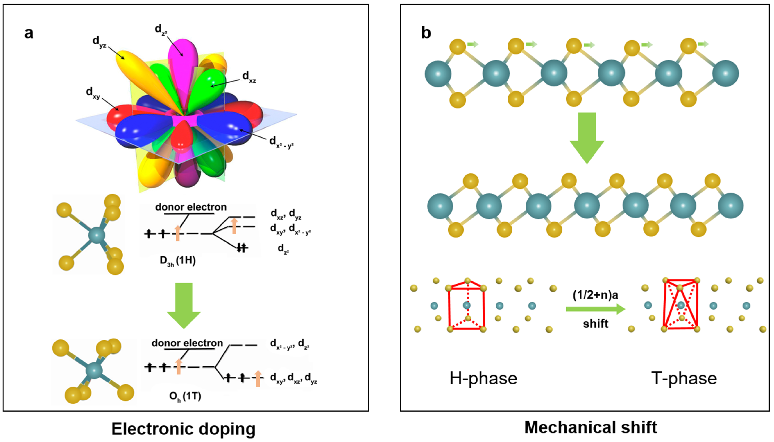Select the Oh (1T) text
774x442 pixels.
click(x=185, y=396)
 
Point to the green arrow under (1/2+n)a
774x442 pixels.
click(x=595, y=309)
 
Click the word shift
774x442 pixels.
click(x=595, y=324)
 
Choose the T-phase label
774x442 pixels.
click(x=684, y=379)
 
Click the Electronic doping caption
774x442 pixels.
click(x=184, y=429)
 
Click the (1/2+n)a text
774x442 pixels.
click(x=595, y=295)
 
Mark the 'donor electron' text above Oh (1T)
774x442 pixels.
click(x=187, y=343)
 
